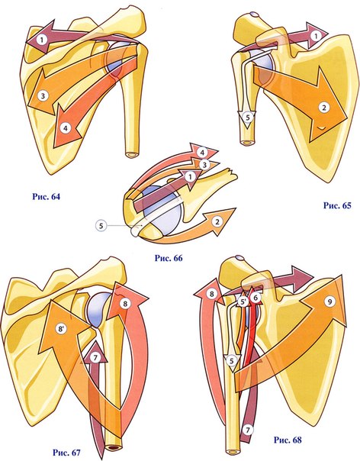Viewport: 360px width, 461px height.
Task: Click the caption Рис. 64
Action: pyautogui.click(x=46, y=196)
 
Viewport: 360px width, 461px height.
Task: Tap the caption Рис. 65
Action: pyautogui.click(x=337, y=205)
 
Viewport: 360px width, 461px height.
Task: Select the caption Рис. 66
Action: pyautogui.click(x=169, y=258)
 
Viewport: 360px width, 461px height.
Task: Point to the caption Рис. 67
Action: pyautogui.click(x=66, y=452)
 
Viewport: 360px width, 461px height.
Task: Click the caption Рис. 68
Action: pyautogui.click(x=288, y=440)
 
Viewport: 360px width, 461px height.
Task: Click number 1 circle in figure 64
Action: pyautogui.click(x=42, y=40)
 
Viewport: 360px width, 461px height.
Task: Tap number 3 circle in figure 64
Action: pyautogui.click(x=43, y=96)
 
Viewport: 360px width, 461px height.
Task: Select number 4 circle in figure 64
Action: pyautogui.click(x=66, y=128)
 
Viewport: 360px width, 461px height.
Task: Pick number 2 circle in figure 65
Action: pyautogui.click(x=324, y=108)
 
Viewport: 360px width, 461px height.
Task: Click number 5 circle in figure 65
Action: pyautogui.click(x=247, y=118)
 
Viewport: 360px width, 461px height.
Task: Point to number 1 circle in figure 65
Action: pyautogui.click(x=316, y=36)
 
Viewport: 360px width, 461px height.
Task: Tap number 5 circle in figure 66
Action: pyautogui.click(x=101, y=225)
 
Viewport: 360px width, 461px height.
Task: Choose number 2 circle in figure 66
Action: pyautogui.click(x=217, y=221)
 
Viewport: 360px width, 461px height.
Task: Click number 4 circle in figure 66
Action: pyautogui.click(x=202, y=153)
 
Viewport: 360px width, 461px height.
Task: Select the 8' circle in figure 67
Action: pyautogui.click(x=61, y=329)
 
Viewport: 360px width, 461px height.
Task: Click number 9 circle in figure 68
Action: pyautogui.click(x=329, y=301)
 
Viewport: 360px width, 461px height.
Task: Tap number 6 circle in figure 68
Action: pyautogui.click(x=256, y=298)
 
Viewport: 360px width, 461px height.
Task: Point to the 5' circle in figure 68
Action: pyautogui.click(x=243, y=302)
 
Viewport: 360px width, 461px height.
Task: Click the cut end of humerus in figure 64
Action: pyautogui.click(x=132, y=154)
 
